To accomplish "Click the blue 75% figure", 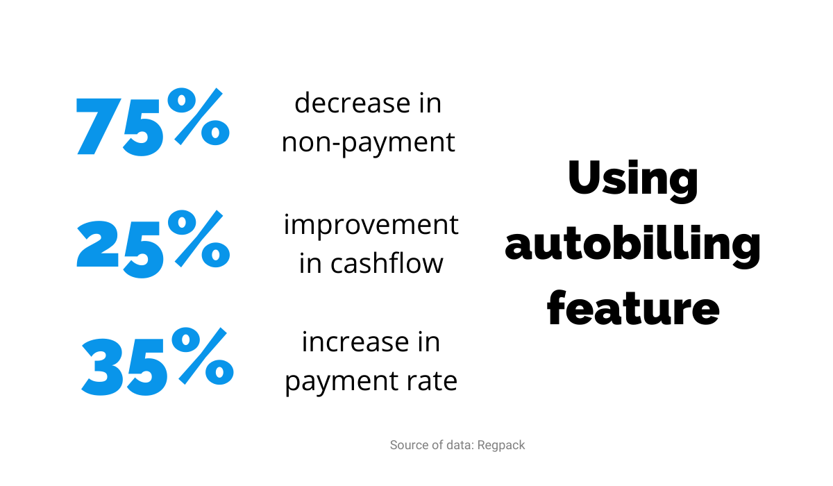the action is tap(153, 122).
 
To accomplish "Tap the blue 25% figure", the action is tap(153, 244).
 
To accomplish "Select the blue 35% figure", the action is tap(158, 362).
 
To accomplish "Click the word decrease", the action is tap(352, 103).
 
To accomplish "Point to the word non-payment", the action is tap(368, 142).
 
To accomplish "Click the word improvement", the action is tap(371, 225).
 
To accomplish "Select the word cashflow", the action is tap(387, 263).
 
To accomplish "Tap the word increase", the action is tap(355, 342).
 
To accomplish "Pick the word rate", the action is tap(432, 381).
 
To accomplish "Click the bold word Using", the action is tap(633, 181).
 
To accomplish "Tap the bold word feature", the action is tap(633, 308).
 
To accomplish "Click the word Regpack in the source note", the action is tap(501, 446).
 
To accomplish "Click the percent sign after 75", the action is tap(199, 117).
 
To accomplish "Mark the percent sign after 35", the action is tap(203, 356).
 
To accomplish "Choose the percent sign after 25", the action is tap(199, 238).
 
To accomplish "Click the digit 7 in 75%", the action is tap(98, 126).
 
